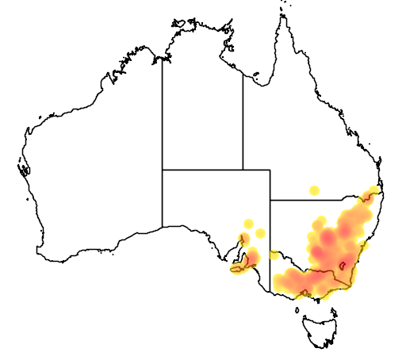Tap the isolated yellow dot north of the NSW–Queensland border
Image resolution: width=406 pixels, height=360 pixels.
(x=315, y=190)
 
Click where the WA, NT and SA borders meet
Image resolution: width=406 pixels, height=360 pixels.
(x=163, y=169)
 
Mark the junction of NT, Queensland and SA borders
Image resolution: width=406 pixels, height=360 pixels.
(x=243, y=169)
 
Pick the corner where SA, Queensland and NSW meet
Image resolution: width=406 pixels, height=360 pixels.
(x=270, y=200)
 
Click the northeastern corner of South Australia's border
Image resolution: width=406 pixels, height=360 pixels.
(x=270, y=169)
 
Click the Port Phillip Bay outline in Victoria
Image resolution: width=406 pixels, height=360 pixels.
(x=308, y=290)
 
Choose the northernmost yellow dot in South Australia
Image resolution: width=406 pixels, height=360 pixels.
(x=248, y=224)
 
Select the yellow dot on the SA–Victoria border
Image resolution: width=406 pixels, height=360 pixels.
(x=274, y=255)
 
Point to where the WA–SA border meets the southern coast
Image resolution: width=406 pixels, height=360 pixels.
(x=163, y=227)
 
